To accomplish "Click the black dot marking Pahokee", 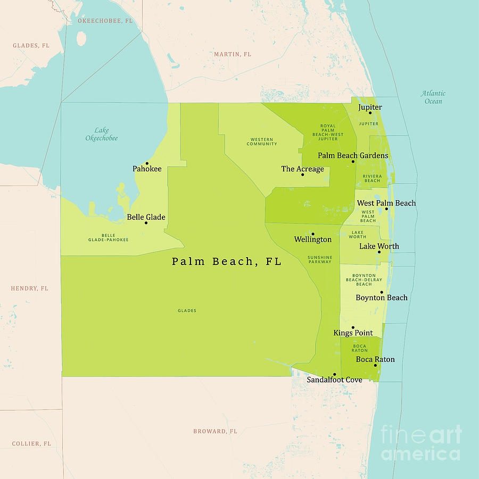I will point(147,163).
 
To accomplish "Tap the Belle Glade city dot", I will point(146,222).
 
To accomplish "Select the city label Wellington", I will point(313,240).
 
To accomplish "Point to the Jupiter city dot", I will point(370,113).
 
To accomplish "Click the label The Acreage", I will point(302,169).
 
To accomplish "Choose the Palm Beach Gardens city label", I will point(353,155).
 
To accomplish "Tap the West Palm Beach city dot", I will point(387,209).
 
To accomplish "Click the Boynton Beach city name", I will point(382,298).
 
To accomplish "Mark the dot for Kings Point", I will point(353,328).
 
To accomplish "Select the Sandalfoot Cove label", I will point(334,380).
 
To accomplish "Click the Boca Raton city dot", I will point(375,365).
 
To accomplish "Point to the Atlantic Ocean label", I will point(433,97).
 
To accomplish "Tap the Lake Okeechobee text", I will point(102,134).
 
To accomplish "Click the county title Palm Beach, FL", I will point(226,262).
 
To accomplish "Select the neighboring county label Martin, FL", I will point(233,54).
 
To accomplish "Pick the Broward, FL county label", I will point(215,431).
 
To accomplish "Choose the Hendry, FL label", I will point(29,288).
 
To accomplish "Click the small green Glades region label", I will point(187,310).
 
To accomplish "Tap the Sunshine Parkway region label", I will point(320,260).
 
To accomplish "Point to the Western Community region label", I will point(262,142).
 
